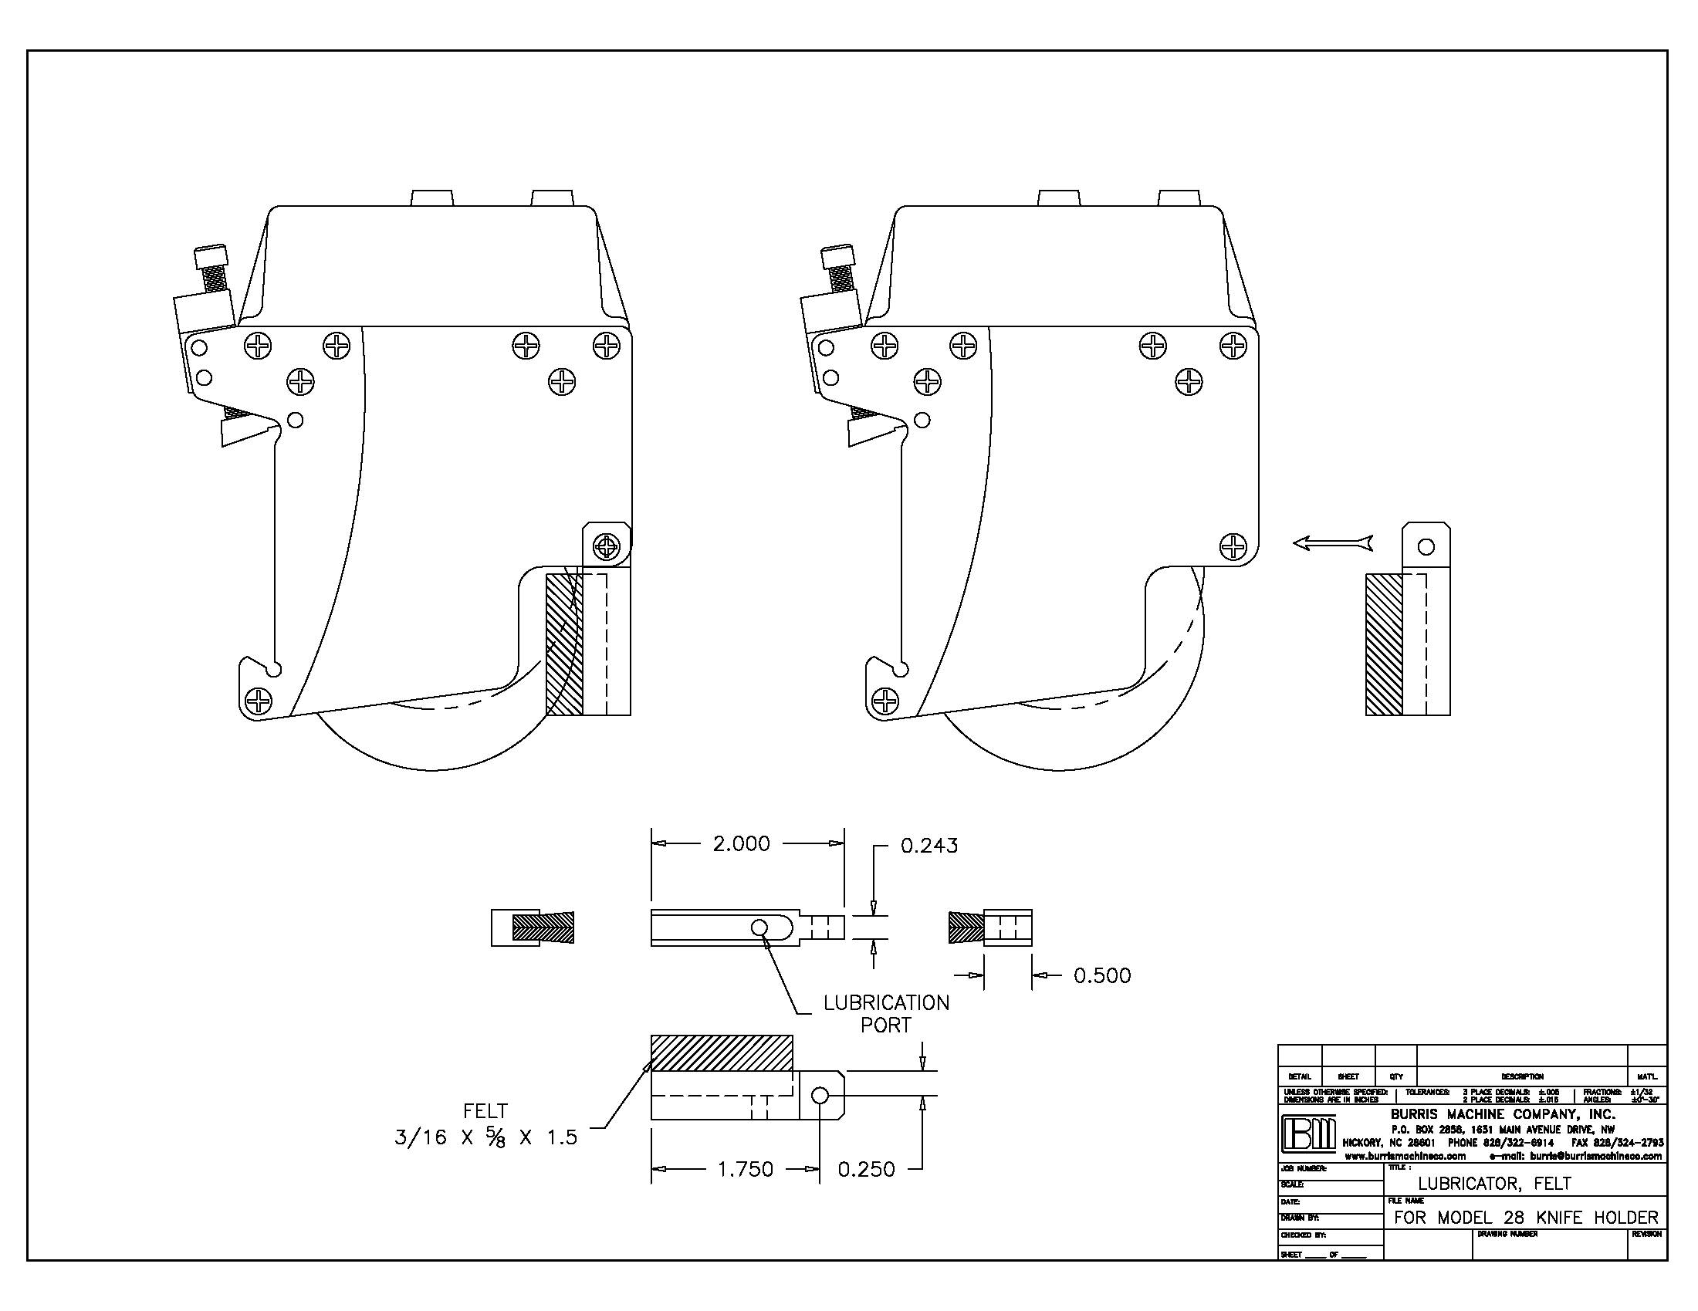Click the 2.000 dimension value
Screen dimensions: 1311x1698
tap(741, 844)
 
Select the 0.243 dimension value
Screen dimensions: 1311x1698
tap(929, 846)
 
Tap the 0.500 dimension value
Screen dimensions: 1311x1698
tap(1101, 975)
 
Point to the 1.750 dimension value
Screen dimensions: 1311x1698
tap(745, 1169)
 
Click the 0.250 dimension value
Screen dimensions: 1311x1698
tap(866, 1169)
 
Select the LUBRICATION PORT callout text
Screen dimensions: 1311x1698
tap(886, 1013)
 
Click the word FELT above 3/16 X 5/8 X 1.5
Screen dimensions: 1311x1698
tap(485, 1111)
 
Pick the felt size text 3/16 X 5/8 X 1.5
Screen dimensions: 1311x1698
tap(486, 1137)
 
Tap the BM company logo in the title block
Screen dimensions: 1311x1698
tap(1308, 1135)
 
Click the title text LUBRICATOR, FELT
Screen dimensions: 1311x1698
tap(1494, 1184)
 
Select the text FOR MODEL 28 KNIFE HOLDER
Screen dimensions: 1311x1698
tap(1526, 1217)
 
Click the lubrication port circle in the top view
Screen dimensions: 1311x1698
tap(759, 926)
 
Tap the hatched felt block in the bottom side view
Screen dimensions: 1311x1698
tap(722, 1053)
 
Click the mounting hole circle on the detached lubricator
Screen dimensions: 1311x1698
tap(1426, 546)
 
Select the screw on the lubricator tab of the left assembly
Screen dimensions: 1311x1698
tap(606, 546)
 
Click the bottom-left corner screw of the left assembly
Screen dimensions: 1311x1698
tap(258, 701)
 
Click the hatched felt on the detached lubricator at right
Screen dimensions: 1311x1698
tap(1384, 644)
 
